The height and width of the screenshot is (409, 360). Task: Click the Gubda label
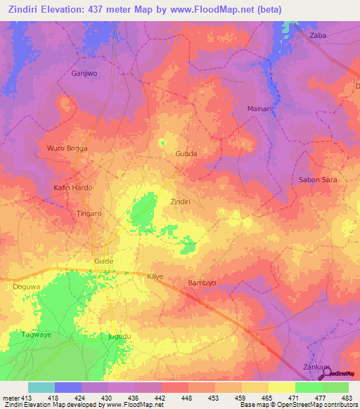186,153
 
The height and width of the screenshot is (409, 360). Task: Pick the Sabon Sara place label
319,180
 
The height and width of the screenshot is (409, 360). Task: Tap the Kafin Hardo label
73,188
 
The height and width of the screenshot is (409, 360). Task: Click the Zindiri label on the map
181,202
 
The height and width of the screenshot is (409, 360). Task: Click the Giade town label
103,261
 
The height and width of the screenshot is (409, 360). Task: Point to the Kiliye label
155,277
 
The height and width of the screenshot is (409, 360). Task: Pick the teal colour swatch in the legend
41,387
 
